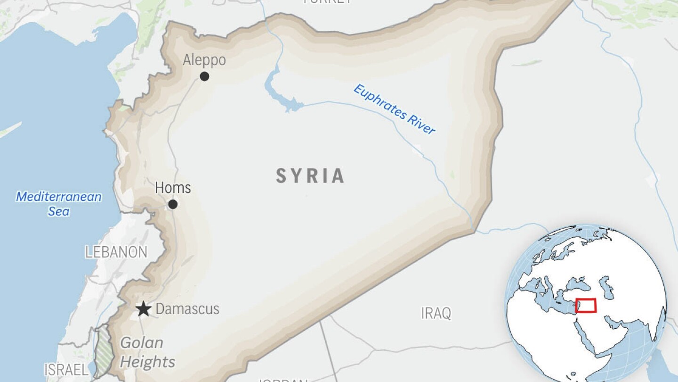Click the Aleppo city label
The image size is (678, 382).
[204, 60]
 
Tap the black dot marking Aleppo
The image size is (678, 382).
[204, 76]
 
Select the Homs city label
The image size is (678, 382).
[173, 188]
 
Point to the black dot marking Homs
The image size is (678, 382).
[173, 204]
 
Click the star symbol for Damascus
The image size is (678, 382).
[144, 309]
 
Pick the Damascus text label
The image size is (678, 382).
[187, 309]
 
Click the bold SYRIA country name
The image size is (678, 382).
[310, 176]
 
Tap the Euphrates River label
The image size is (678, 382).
[395, 109]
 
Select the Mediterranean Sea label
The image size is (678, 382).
[59, 203]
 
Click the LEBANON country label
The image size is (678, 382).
[116, 252]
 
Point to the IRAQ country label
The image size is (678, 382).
[436, 313]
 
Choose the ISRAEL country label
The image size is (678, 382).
[66, 369]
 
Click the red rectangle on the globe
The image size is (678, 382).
[586, 306]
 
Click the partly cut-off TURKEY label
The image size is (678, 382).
[327, 2]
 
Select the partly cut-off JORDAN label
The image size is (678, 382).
[282, 380]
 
